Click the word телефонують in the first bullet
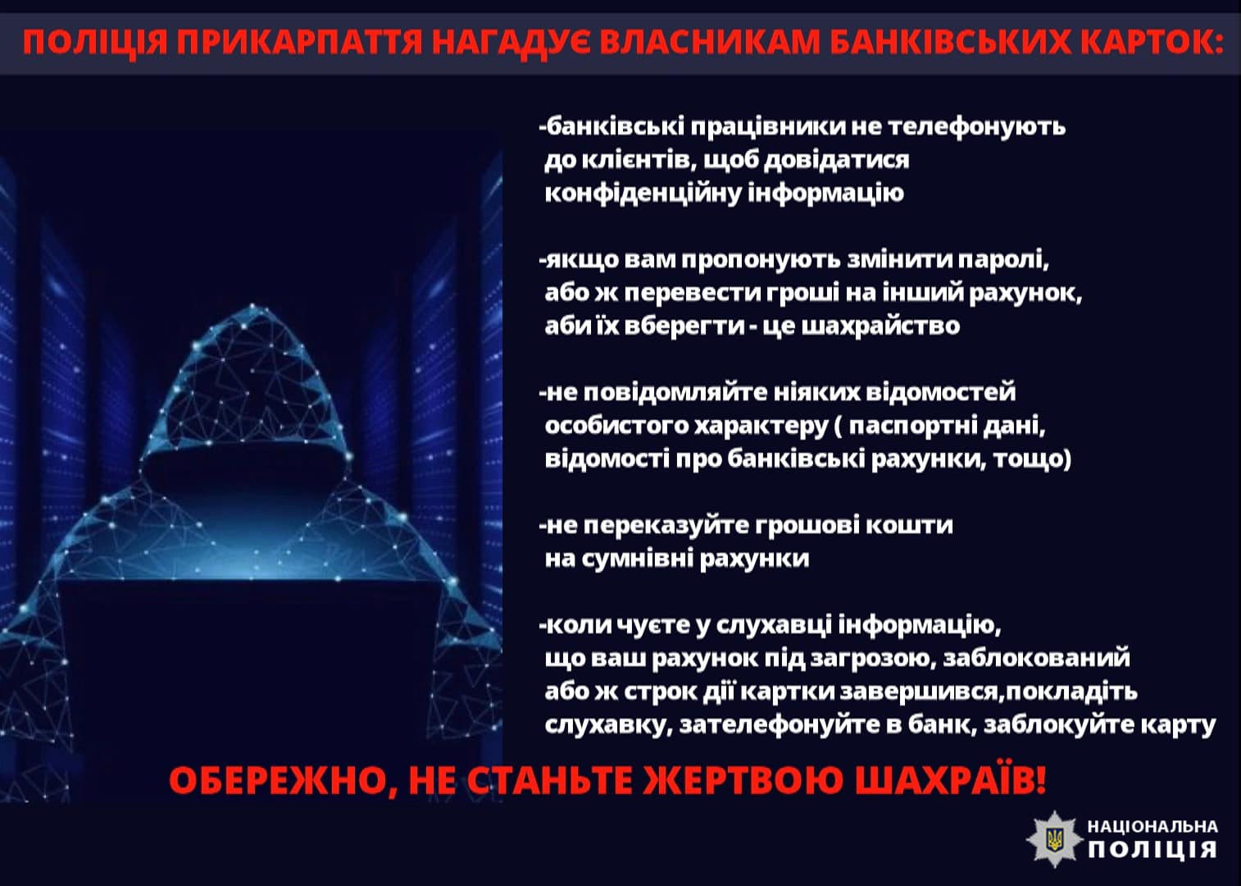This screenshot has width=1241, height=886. (977, 126)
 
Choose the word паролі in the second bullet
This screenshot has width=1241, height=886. (1004, 261)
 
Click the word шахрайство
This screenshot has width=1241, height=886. (881, 326)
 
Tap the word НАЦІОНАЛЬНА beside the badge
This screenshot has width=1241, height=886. (1153, 827)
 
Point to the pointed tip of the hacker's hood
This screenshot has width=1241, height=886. (252, 304)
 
